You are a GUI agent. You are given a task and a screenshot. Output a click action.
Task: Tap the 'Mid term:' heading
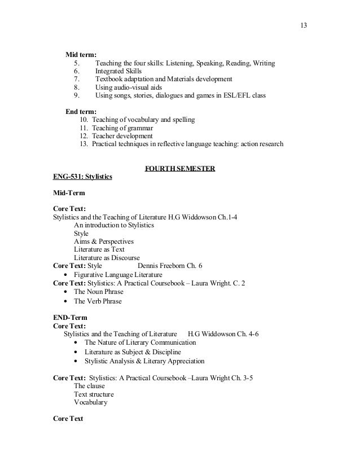pos(81,54)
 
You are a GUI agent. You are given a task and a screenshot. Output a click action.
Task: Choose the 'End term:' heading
pos(81,111)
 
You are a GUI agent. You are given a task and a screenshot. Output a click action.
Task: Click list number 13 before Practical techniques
pos(84,144)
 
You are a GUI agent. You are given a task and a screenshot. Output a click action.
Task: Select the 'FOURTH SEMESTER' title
pos(180,169)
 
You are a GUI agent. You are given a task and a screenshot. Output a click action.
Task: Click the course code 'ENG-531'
pos(67,177)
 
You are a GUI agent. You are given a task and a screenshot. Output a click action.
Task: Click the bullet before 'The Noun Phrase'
pos(67,292)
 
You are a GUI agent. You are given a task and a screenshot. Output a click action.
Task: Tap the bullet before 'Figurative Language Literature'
pos(67,275)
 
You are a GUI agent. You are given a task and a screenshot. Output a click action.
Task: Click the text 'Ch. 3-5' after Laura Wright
pos(240,377)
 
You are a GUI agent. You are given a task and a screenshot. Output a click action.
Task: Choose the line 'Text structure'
pos(94,394)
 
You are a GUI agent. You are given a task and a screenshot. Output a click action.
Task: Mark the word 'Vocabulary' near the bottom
pos(90,402)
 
